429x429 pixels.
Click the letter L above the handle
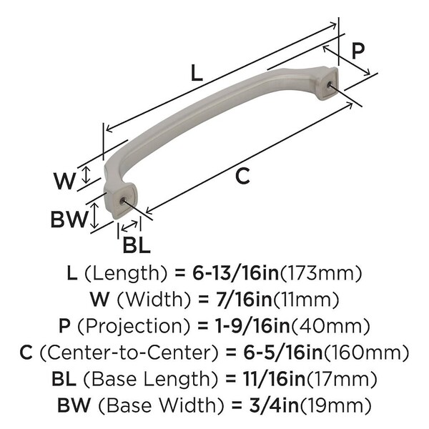click(x=197, y=72)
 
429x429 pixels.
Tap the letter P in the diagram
click(x=358, y=51)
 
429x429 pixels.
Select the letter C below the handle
click(x=242, y=176)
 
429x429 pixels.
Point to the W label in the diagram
click(x=64, y=181)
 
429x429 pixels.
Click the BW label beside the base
click(x=70, y=220)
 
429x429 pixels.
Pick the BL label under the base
click(x=137, y=245)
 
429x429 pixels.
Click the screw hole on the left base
click(x=122, y=201)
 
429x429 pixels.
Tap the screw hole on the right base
click(x=329, y=85)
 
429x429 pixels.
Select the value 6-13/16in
click(x=235, y=273)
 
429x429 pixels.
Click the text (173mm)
click(x=320, y=273)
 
